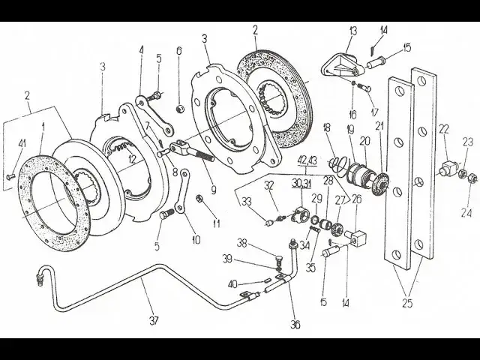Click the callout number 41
click(x=22, y=143)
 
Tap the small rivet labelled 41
click(x=10, y=176)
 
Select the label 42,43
click(x=307, y=160)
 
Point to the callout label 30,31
click(x=300, y=183)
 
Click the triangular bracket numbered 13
click(x=343, y=65)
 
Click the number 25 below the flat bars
click(x=407, y=303)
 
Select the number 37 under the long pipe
click(x=154, y=320)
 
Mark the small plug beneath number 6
click(x=180, y=108)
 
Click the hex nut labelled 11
click(x=199, y=199)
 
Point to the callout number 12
click(x=132, y=159)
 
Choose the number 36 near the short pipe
click(x=295, y=325)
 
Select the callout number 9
click(x=213, y=190)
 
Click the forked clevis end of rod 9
click(x=179, y=146)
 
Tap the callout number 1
click(x=43, y=125)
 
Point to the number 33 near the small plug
click(x=247, y=202)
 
